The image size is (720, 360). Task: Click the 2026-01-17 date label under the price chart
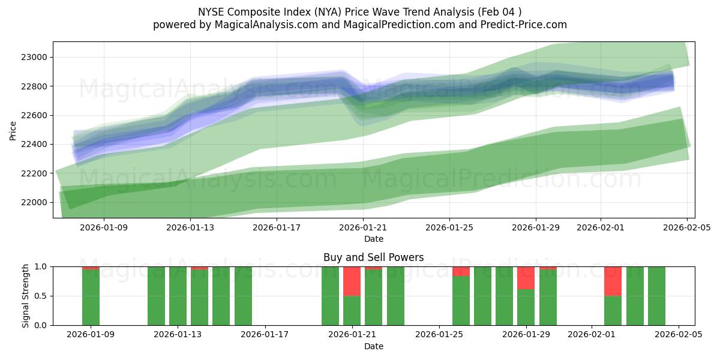point(277,228)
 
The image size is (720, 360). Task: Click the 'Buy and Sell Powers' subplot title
point(373,257)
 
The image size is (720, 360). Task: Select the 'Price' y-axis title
point(13,130)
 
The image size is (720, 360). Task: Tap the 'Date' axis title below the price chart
point(373,239)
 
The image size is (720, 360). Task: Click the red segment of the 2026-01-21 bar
point(352,281)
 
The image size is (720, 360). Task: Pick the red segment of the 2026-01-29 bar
point(526,278)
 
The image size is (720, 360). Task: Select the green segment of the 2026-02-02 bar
point(613,310)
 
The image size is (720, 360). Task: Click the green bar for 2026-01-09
point(91,297)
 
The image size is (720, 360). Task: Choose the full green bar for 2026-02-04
point(656,296)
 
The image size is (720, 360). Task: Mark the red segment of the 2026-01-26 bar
point(461,271)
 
